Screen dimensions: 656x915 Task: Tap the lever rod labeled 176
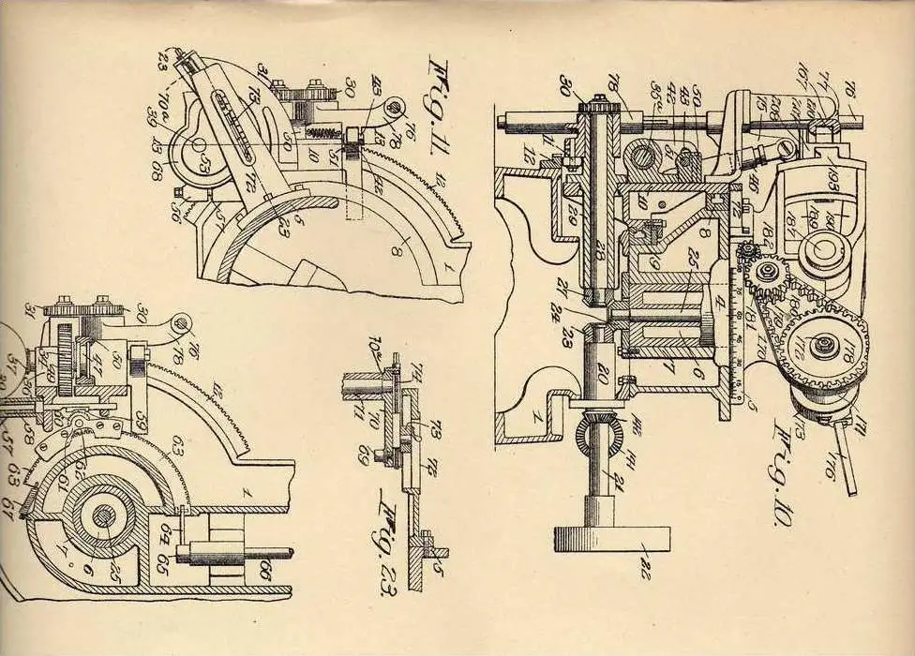[x=848, y=474]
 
